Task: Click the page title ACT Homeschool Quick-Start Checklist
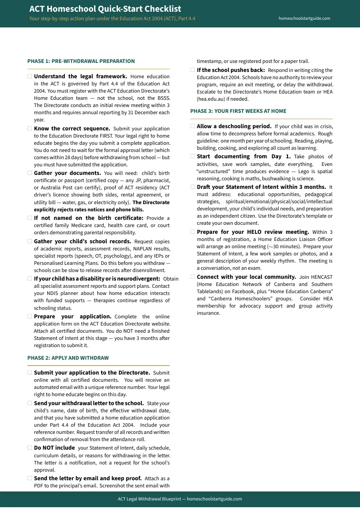pos(105,9)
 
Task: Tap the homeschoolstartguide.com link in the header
pos(304,18)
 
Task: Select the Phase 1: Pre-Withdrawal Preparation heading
pos(81,61)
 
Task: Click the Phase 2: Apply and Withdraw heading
pos(68,358)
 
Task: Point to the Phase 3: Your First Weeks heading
pos(238,111)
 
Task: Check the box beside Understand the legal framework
pos(30,76)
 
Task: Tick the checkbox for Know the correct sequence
pos(30,129)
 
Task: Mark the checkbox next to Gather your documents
pos(30,173)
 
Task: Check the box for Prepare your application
pos(30,317)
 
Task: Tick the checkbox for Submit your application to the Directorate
pos(30,373)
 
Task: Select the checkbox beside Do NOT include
pos(30,448)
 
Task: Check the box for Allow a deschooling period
pos(193,126)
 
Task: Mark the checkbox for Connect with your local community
pos(193,277)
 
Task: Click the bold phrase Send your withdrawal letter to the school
pos(89,403)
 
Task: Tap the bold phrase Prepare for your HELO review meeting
pos(252,232)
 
